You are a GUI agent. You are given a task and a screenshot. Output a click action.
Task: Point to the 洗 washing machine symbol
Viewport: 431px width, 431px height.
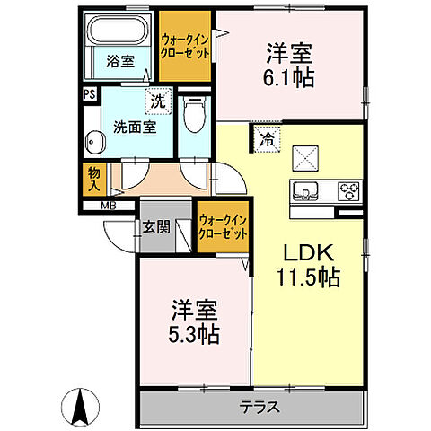click(x=158, y=102)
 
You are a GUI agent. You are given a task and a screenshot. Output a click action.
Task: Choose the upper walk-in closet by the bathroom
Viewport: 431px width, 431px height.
click(x=186, y=46)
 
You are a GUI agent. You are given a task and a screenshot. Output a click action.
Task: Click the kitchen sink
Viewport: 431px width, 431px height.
click(x=305, y=190)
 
